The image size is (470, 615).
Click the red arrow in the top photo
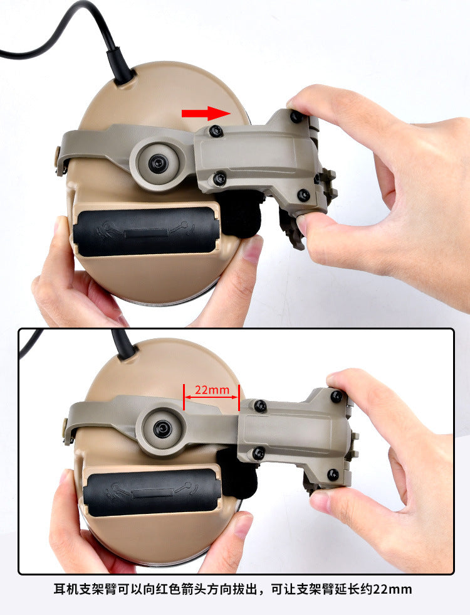point(206,114)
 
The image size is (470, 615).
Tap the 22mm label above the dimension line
point(212,390)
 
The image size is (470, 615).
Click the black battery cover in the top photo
point(145,232)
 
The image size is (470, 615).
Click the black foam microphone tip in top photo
point(241,215)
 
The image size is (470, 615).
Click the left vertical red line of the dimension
point(184,397)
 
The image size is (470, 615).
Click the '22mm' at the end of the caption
point(392,589)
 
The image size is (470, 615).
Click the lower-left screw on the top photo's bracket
point(219,179)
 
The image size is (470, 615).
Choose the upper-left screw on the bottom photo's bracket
point(259,406)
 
